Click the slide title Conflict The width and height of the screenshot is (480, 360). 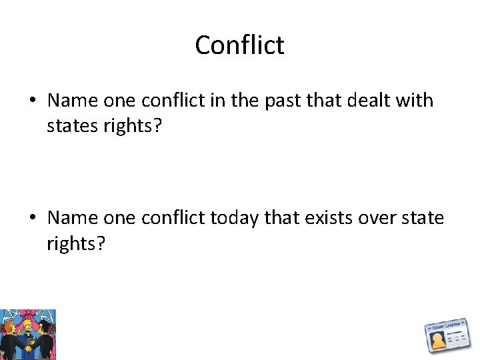coord(239,45)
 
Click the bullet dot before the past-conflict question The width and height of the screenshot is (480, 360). coord(32,101)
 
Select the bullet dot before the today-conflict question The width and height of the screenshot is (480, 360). coord(32,219)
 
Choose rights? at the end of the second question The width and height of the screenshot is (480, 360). coord(76,243)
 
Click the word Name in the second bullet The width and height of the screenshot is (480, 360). coord(73,218)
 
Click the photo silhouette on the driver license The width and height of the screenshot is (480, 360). coord(438,341)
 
